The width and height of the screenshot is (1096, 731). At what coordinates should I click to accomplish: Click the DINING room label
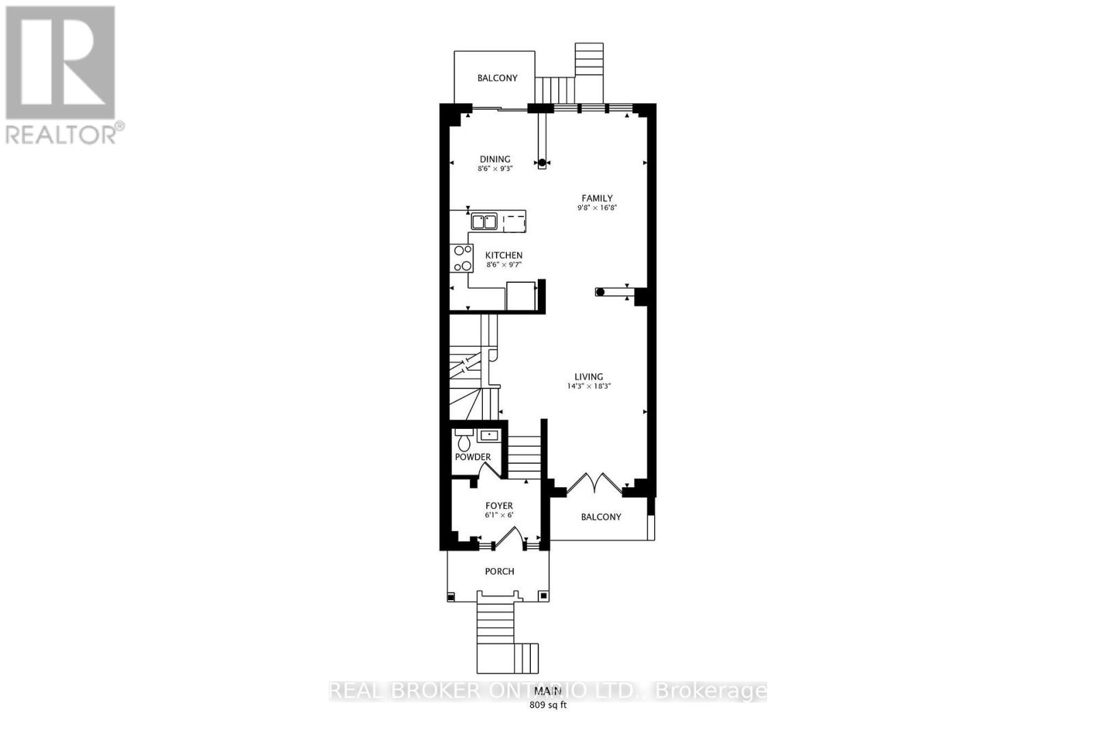(495, 159)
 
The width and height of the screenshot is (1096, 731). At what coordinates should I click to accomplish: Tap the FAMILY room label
(597, 198)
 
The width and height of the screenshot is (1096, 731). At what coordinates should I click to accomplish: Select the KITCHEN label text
(504, 256)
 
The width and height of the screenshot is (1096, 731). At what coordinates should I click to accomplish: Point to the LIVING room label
(588, 377)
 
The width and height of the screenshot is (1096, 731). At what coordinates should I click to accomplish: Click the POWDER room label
(473, 457)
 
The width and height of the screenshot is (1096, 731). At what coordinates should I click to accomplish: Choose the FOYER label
(499, 506)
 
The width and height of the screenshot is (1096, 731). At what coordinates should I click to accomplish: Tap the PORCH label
(499, 571)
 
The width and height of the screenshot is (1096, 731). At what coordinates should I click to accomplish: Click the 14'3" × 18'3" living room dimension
(588, 386)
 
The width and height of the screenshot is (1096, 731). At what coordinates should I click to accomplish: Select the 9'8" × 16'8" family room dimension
(597, 208)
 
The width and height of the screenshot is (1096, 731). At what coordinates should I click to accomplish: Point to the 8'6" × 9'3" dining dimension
(495, 169)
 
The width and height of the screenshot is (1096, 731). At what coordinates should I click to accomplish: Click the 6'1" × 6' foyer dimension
(499, 515)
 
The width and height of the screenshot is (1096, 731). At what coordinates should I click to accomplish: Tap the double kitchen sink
(484, 221)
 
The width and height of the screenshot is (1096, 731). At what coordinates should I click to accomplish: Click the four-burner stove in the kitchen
(461, 258)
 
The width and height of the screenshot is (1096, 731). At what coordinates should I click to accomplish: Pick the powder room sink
(489, 435)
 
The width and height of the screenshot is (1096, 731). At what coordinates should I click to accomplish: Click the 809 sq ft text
(548, 705)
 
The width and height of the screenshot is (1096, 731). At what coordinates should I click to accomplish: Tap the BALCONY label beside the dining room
(497, 78)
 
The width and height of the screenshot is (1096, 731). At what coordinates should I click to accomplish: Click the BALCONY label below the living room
(601, 517)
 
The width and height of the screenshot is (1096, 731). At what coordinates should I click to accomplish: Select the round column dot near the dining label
(542, 162)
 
